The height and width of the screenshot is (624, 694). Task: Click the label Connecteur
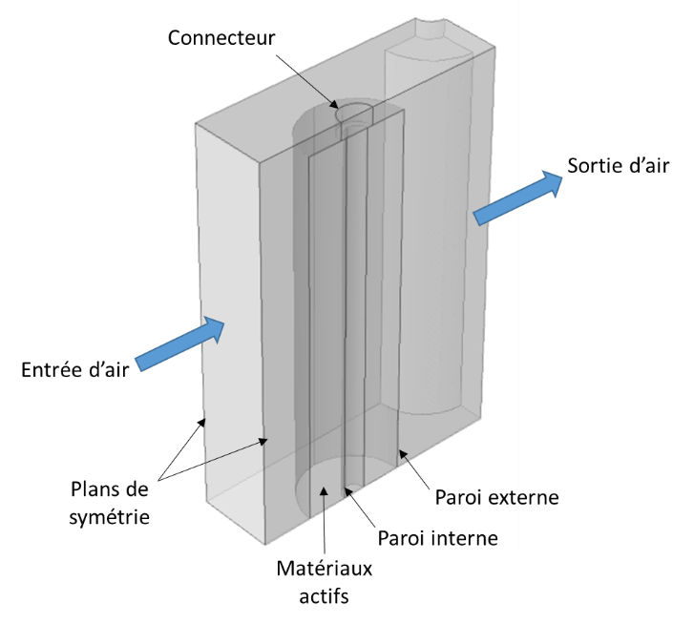click(x=221, y=38)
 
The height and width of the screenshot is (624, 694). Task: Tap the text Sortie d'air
click(x=619, y=165)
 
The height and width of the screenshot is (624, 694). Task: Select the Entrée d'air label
click(x=74, y=369)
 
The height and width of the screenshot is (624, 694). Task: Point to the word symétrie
click(x=110, y=517)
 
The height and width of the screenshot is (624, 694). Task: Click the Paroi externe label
click(x=496, y=497)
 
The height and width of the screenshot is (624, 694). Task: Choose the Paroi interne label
click(x=438, y=538)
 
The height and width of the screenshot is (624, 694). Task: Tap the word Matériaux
click(x=325, y=569)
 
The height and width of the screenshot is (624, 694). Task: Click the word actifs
click(x=324, y=595)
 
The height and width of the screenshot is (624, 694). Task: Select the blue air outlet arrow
click(x=517, y=198)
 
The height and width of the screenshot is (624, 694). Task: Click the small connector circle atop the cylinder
click(x=354, y=113)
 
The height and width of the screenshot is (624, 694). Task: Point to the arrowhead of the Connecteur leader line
click(x=335, y=105)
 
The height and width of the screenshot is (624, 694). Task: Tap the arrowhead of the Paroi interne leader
click(x=348, y=491)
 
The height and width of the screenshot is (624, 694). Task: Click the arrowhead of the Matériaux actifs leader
click(x=325, y=490)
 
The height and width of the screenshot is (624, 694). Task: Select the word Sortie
click(x=593, y=165)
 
